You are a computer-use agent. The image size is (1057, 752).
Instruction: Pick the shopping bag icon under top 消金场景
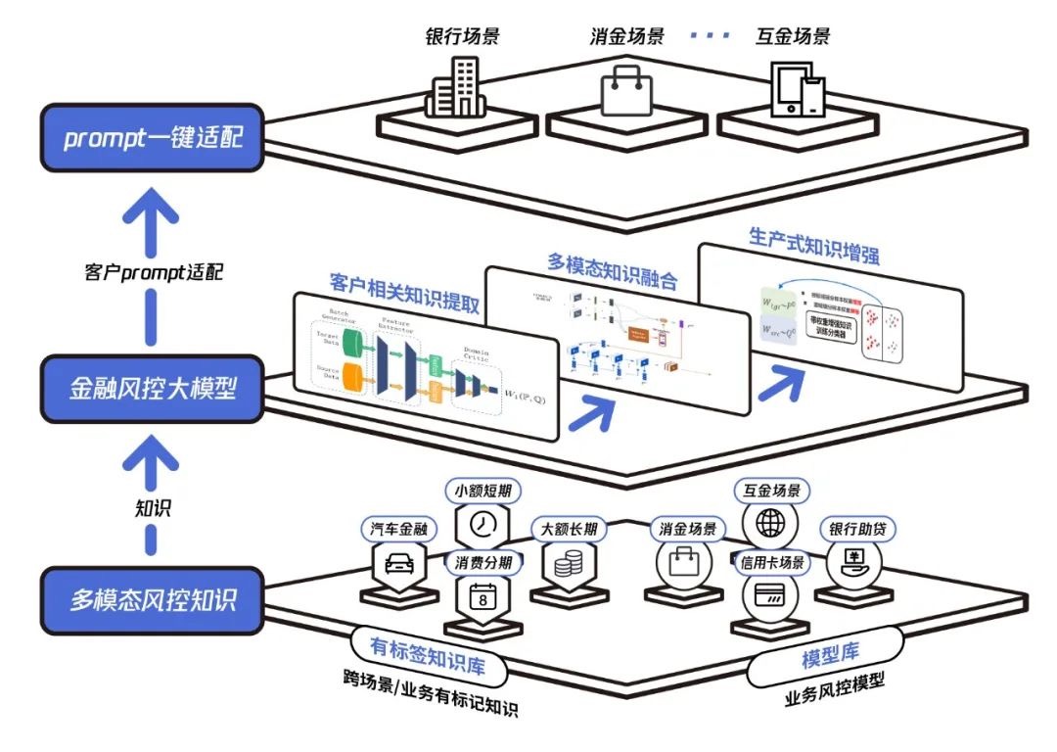[626, 91]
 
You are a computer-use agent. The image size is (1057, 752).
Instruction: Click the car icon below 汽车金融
[399, 565]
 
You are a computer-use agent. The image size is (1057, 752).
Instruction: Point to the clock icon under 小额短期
[483, 524]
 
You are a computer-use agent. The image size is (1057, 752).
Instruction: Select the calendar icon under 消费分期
[483, 596]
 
